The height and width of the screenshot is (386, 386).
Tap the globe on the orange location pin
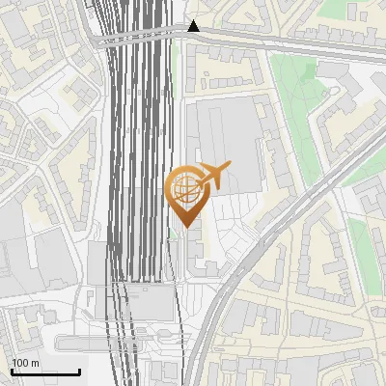(x=185, y=187)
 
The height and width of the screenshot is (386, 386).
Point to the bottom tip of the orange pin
(x=185, y=228)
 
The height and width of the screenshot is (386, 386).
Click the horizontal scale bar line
(x=45, y=372)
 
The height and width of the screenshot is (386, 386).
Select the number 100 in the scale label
(x=20, y=363)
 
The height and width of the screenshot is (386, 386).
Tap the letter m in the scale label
(x=35, y=363)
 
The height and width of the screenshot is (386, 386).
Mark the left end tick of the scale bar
(x=12, y=370)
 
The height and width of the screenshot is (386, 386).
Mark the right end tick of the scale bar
(x=79, y=370)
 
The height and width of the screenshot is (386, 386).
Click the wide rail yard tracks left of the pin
(x=140, y=174)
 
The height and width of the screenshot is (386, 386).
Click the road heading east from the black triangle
(x=289, y=42)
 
